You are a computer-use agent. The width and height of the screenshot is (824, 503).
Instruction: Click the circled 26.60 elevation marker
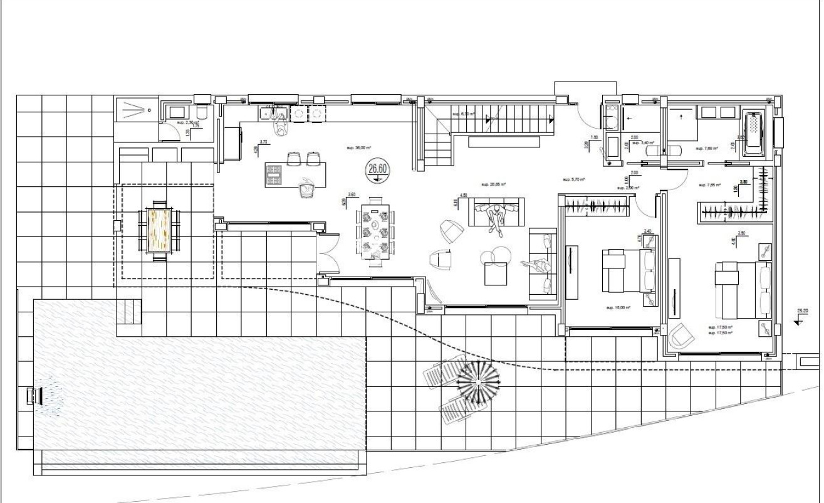coord(377,169)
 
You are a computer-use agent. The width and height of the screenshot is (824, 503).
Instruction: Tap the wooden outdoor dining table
coord(159,228)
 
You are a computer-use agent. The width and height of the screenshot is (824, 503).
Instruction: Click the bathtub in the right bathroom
coord(752,133)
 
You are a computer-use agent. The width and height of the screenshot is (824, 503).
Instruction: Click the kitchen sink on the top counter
coord(274,114)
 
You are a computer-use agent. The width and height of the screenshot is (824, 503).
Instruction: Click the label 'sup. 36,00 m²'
coord(359,149)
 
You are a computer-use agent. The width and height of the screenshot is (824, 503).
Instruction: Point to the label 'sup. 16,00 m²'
coord(618,308)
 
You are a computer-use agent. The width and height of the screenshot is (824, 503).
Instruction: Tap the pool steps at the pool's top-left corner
coord(128,309)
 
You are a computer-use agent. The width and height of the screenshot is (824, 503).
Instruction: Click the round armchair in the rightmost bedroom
coord(680,337)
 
